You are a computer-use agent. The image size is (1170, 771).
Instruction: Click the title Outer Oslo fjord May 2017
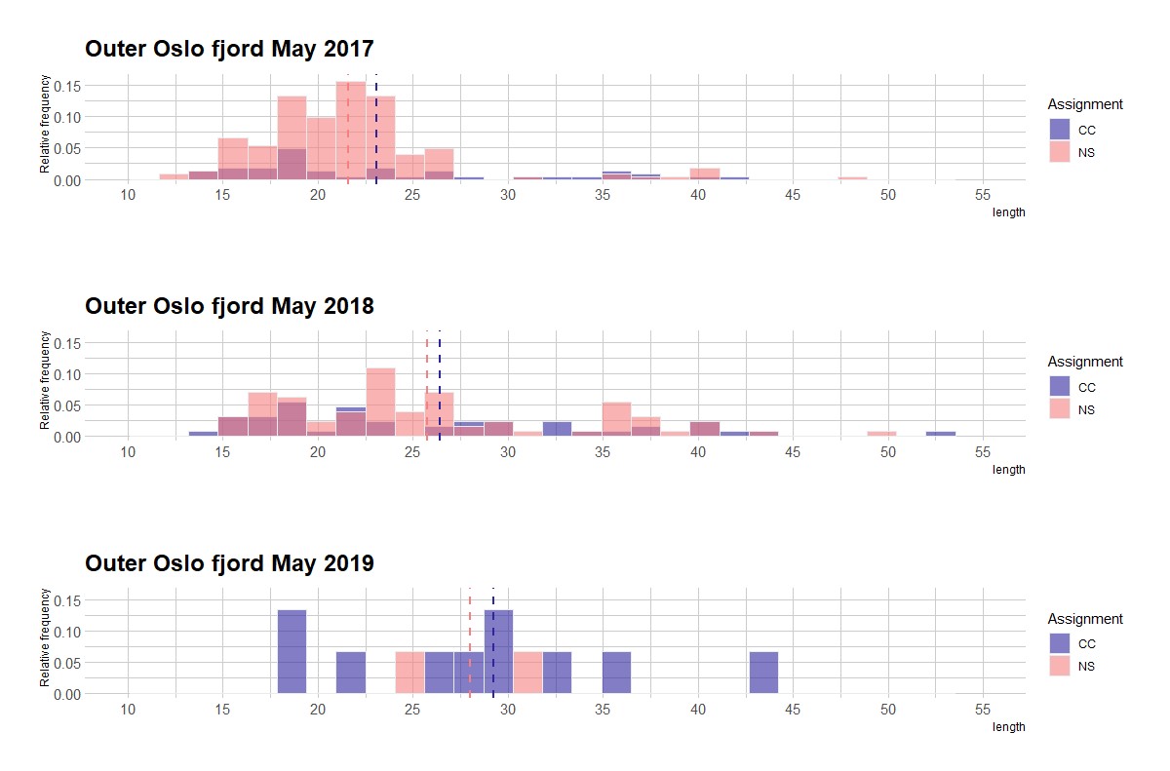coord(229,50)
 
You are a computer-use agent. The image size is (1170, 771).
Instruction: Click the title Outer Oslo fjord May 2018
coord(229,306)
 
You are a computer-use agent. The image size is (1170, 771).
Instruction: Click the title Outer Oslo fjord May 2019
coord(229,563)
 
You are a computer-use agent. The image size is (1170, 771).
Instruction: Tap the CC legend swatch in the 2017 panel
coord(1059,129)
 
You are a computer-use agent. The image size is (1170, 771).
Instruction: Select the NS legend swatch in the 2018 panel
coord(1059,409)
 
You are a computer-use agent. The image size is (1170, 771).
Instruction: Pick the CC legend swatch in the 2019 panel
coord(1059,643)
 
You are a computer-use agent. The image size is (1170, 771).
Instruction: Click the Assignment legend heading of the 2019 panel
coord(1085,619)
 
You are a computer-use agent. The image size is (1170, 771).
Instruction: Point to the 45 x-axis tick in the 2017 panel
coord(793,195)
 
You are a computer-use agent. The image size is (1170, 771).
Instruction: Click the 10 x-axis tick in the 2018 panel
coord(127,452)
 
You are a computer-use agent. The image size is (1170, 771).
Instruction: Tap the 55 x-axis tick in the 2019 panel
coord(983,710)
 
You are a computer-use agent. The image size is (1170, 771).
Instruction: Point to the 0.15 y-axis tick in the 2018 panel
coord(66,343)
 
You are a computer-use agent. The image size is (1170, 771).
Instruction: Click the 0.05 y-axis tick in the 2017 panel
coord(66,149)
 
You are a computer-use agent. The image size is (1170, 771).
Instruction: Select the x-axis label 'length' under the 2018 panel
coord(1008,470)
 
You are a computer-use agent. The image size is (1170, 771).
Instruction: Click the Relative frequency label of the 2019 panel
coord(45,636)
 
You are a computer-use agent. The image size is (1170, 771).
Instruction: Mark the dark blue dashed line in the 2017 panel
coord(376,127)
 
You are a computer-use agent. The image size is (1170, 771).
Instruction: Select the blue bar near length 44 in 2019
coord(763,673)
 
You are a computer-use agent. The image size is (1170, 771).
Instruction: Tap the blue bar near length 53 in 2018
coord(941,434)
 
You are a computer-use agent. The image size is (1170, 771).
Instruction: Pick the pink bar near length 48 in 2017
coord(853,178)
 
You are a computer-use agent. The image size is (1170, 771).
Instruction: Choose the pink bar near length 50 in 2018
coord(881,434)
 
